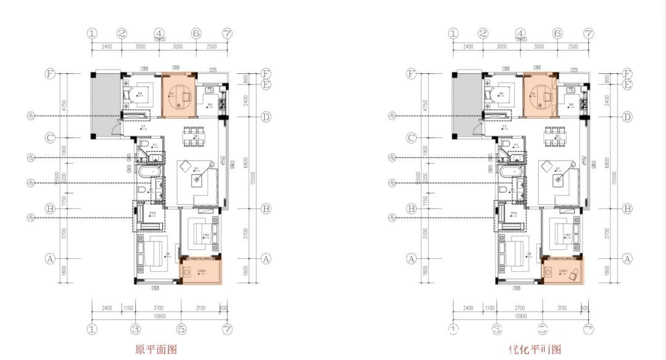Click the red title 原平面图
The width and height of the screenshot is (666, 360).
click(156, 350)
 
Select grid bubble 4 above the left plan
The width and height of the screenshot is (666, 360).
click(159, 33)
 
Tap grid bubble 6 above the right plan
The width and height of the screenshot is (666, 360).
click(557, 33)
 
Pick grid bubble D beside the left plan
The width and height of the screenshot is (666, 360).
click(266, 117)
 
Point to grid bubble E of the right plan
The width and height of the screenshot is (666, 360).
click(627, 84)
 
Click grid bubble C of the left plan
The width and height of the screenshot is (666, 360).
click(50, 137)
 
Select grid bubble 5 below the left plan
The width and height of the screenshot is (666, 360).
click(182, 329)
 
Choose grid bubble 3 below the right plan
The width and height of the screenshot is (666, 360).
click(497, 329)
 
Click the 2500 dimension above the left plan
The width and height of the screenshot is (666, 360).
click(211, 46)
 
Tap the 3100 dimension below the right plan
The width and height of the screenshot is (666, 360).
click(562, 308)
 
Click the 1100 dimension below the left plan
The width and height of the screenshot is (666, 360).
click(128, 308)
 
